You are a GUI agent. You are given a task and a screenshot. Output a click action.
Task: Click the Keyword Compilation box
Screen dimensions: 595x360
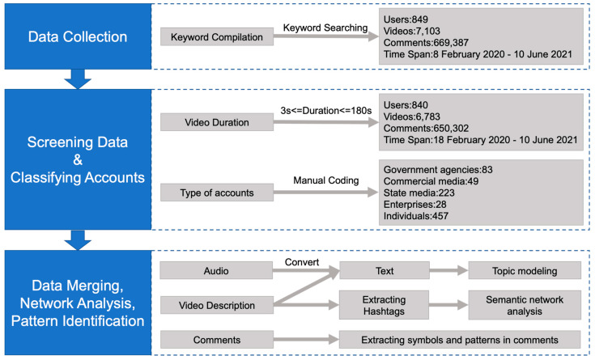[x=217, y=36]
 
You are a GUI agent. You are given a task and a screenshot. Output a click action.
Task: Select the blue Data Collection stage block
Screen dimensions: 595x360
[x=78, y=36]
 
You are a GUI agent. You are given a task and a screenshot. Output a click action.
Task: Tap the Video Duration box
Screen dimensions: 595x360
[x=217, y=122]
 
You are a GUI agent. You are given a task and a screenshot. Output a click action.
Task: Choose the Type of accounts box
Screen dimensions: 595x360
[x=217, y=193]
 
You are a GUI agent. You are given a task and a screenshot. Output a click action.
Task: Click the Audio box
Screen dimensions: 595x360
[x=216, y=270]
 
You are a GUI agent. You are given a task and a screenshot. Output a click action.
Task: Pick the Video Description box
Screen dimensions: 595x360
[x=217, y=305]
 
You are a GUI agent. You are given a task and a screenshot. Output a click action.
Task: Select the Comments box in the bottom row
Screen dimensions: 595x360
[x=217, y=340]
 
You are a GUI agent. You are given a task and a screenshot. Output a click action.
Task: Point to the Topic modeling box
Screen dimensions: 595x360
[x=525, y=270]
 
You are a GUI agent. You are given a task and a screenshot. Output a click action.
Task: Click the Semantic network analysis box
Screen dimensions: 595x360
[x=525, y=305]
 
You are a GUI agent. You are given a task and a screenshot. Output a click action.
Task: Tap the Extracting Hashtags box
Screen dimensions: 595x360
[x=384, y=305]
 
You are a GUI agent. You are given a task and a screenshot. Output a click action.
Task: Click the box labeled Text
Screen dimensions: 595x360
[x=385, y=270]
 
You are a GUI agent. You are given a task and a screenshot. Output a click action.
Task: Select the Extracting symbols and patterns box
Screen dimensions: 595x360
[x=460, y=340]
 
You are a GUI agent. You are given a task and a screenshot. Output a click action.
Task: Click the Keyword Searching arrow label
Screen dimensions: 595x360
[x=325, y=28]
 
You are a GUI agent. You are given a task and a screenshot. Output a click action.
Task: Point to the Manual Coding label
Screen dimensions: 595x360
[x=326, y=180]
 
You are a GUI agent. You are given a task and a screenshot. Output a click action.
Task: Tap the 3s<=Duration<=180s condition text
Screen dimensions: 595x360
[x=326, y=110]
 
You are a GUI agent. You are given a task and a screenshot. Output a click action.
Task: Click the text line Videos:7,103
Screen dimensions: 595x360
[x=412, y=31]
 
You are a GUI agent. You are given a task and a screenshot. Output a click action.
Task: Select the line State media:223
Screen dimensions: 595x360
[x=419, y=193]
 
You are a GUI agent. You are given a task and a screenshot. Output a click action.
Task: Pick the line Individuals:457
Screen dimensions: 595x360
[x=416, y=216]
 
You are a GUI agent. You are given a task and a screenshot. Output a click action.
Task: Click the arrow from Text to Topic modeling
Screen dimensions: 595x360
[x=448, y=270]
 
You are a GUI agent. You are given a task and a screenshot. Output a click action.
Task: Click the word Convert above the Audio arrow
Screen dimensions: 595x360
[x=302, y=262]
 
